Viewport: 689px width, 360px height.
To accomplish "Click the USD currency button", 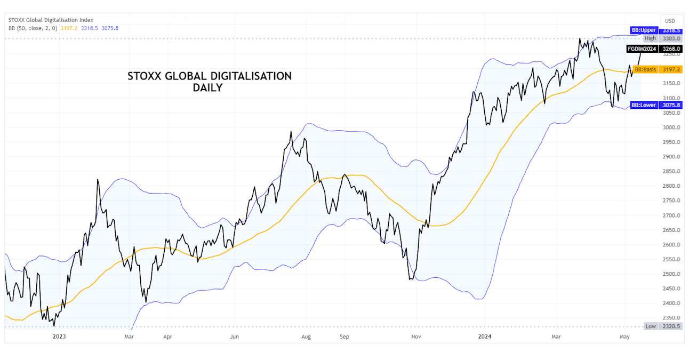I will click(670, 21).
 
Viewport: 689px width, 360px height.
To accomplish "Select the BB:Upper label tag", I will click(644, 30).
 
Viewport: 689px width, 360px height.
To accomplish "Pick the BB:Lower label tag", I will click(644, 105).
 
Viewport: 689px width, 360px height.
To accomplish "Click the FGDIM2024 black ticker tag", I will click(642, 49).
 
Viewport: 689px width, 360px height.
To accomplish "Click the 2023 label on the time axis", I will click(59, 337).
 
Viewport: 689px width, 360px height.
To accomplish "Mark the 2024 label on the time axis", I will click(484, 337).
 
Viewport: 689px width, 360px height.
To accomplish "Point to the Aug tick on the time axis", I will click(306, 337).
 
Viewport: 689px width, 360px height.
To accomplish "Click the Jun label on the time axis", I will click(234, 337).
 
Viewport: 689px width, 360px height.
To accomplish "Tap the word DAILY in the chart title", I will click(207, 88).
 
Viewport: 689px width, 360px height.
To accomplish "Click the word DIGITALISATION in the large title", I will click(250, 76).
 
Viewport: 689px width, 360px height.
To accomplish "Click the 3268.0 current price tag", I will click(672, 49).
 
